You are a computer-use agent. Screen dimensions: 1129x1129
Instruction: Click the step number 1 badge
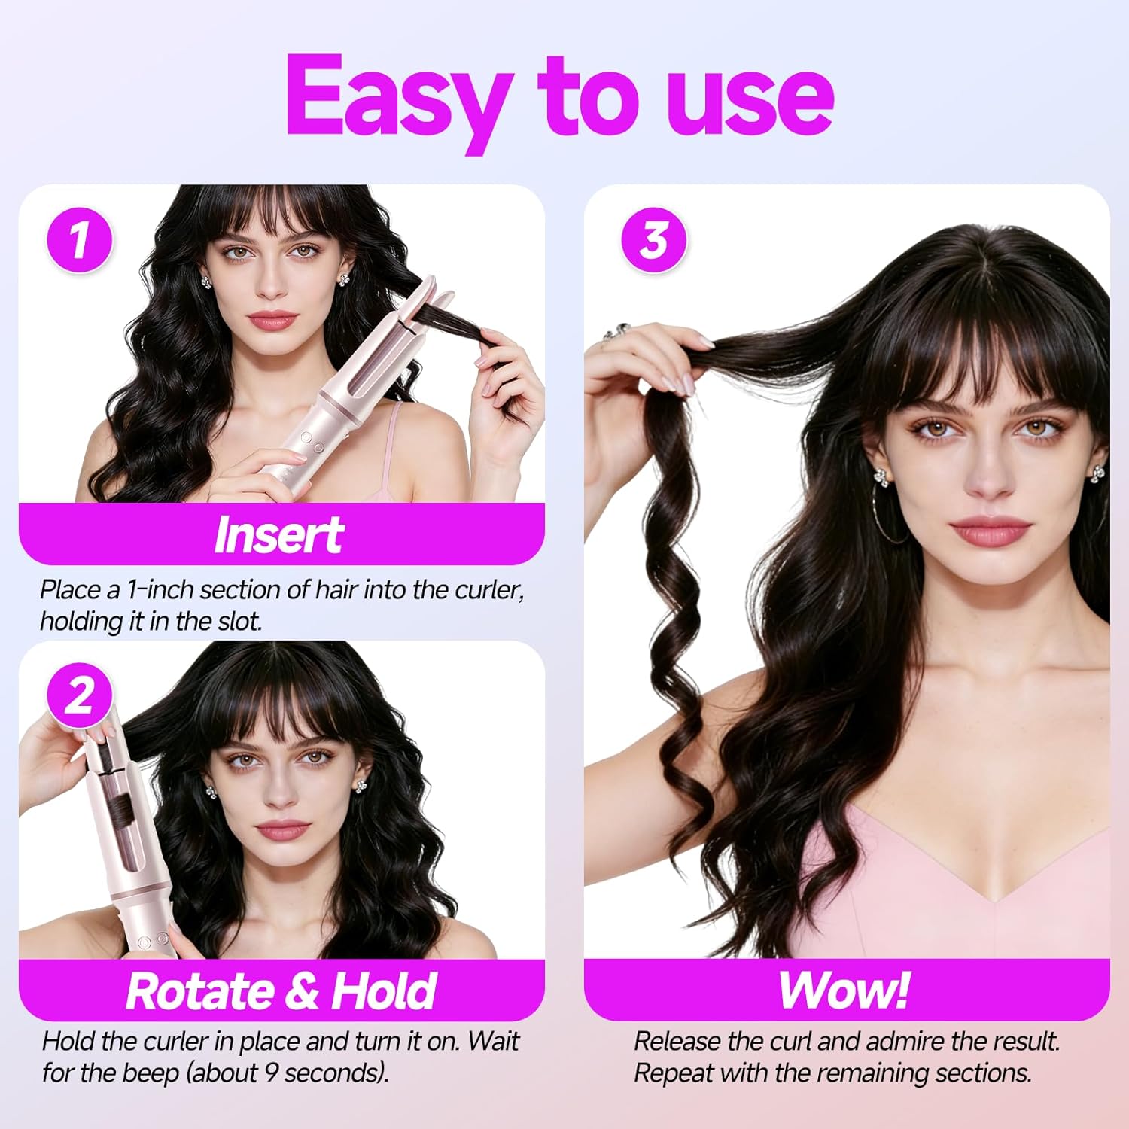(79, 241)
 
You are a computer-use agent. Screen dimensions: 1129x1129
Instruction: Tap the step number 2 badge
(79, 696)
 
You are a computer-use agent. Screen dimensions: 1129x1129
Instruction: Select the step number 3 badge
(653, 241)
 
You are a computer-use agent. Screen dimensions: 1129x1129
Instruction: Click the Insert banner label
(279, 536)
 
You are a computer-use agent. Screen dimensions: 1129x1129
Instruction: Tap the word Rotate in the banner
(200, 991)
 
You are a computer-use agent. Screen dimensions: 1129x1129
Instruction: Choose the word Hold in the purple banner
(384, 991)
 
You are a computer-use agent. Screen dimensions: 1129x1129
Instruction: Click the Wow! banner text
(844, 991)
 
